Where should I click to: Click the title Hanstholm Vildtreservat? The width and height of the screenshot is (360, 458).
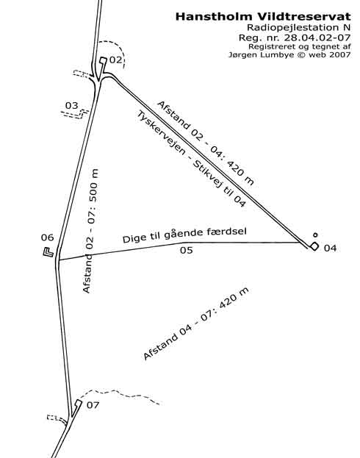(263, 17)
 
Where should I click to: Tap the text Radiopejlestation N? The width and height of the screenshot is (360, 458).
(298, 27)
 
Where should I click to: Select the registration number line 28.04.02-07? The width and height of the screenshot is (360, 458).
(295, 37)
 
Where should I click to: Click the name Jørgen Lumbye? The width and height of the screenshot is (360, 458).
(262, 54)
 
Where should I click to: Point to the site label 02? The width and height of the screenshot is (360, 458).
(115, 60)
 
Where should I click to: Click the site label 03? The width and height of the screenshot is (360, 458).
(72, 105)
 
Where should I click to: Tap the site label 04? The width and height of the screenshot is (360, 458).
(330, 248)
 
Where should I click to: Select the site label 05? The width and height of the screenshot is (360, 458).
(187, 251)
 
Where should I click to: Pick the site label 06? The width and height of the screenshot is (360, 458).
(47, 237)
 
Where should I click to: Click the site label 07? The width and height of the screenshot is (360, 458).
(93, 405)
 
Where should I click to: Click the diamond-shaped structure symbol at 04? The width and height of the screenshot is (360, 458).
(314, 246)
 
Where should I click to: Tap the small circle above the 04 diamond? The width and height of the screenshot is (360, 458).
(315, 235)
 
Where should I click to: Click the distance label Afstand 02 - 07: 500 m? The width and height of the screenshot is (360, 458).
(91, 231)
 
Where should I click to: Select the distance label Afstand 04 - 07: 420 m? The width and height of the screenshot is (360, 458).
(196, 323)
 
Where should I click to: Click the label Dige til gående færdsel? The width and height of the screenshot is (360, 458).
(184, 235)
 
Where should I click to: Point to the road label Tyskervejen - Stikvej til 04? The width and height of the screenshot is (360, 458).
(191, 159)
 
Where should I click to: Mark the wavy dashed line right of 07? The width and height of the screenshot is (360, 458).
(120, 395)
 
